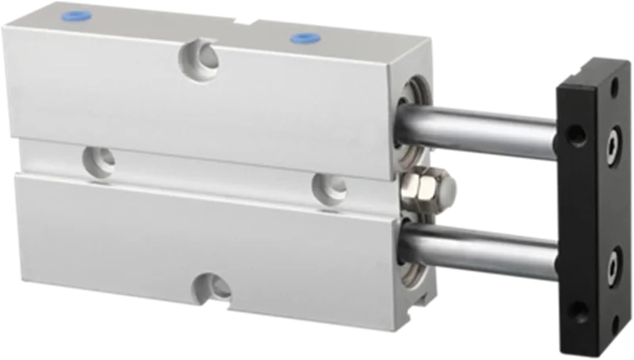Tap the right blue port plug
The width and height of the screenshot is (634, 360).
300,38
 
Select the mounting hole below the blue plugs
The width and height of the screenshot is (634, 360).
200,55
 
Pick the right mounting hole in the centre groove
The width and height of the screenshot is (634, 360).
329,187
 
